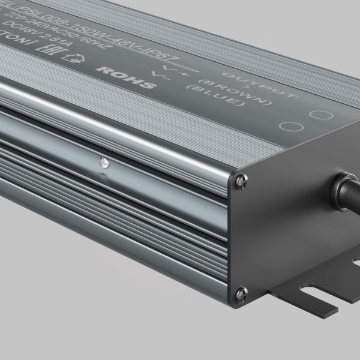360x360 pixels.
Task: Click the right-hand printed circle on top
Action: pyautogui.click(x=318, y=115)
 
